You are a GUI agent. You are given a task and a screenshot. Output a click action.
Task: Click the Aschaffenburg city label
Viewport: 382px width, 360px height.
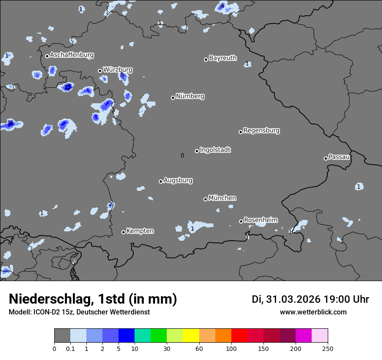coord(72,55)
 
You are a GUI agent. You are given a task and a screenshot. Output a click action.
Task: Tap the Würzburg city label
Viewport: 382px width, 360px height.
coord(118,70)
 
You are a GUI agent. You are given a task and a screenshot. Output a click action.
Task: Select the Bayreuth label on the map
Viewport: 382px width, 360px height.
coord(223,58)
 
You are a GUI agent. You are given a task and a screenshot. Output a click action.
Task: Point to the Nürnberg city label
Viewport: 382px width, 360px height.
coord(190,96)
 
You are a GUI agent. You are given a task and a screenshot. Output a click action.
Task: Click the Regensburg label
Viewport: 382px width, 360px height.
coord(261,131)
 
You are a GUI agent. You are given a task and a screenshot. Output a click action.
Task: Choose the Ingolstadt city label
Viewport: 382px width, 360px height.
coord(215,150)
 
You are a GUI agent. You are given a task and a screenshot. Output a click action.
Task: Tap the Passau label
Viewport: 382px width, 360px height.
coord(339,157)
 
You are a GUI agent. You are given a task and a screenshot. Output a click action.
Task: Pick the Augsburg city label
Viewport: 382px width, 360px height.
coord(178,180)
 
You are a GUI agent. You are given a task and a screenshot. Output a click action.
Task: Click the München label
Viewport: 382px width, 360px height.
coord(222,198)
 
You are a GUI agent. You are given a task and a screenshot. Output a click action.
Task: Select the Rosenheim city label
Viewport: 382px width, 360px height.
coord(261,220)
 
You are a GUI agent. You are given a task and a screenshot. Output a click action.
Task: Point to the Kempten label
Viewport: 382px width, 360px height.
coord(140,231)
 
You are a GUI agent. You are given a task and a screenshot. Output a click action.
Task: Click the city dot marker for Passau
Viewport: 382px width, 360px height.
coord(326,158)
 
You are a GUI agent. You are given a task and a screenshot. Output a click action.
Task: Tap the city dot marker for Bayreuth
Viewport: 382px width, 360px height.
coord(206,59)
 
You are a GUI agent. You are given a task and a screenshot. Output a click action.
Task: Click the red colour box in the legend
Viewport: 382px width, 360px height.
coord(239,336)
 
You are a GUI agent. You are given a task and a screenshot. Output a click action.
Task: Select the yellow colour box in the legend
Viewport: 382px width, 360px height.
coord(191,336)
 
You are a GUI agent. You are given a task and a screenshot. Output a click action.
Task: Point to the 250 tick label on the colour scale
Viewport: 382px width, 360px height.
coord(328,348)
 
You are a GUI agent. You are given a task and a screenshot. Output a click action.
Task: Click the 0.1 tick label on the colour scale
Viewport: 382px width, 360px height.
coord(70,348)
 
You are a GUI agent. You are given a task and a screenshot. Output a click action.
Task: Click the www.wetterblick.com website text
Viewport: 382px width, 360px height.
coord(313,312)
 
